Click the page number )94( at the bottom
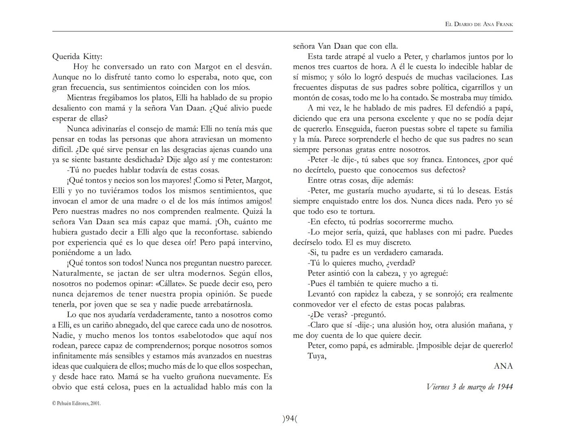[x=290, y=418]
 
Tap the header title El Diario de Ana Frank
[x=479, y=24]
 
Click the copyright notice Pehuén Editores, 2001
[x=77, y=404]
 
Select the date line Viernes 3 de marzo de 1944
[x=469, y=387]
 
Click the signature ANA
[x=503, y=366]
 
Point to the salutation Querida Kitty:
[x=77, y=57]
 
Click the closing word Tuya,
[x=317, y=356]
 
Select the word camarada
[x=425, y=252]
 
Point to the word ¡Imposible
[x=433, y=346]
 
